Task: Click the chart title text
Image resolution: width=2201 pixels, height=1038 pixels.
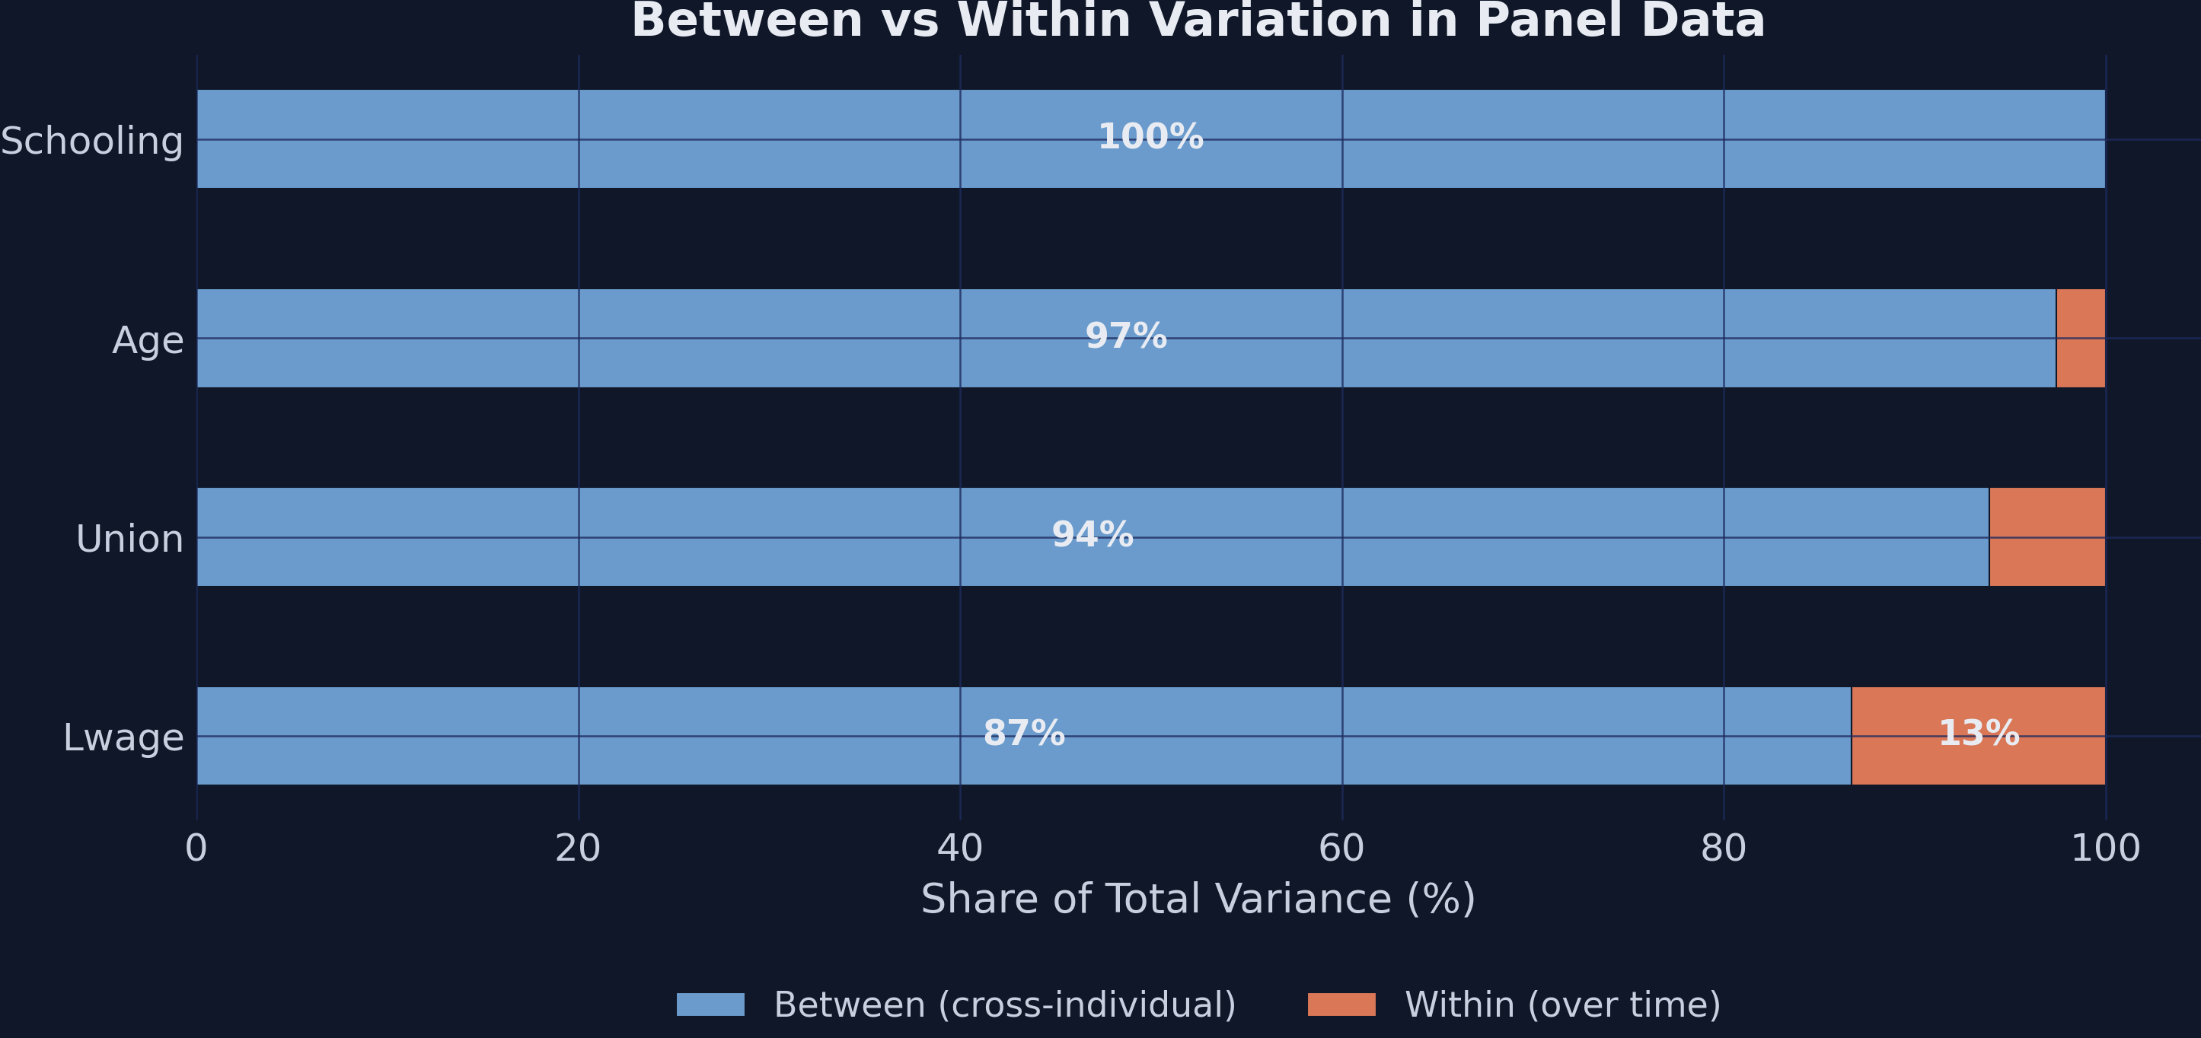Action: click(1198, 21)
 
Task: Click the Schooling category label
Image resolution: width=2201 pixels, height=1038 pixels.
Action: click(92, 141)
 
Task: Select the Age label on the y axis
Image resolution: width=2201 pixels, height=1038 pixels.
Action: click(148, 340)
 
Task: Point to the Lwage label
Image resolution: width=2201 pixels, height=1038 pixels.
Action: click(123, 737)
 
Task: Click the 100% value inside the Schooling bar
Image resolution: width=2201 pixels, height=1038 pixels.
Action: click(1150, 137)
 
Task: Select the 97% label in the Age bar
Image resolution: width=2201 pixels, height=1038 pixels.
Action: click(1125, 336)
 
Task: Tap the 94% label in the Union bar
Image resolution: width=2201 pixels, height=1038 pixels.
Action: click(1092, 535)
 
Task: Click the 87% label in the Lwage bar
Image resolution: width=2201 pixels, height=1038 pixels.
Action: click(1023, 733)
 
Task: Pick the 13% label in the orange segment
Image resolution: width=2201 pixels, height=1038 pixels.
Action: click(1978, 733)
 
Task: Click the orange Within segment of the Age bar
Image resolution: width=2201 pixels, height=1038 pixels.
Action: click(2080, 339)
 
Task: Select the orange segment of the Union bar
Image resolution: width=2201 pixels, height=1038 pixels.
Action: click(2046, 537)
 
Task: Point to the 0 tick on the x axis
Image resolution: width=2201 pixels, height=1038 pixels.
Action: click(196, 849)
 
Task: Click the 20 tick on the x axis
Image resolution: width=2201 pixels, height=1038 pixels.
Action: click(578, 849)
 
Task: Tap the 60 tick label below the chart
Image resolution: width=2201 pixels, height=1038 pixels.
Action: click(1341, 849)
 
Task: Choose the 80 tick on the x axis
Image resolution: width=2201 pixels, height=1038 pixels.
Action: click(1723, 849)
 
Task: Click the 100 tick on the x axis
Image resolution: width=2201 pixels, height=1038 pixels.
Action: click(2104, 849)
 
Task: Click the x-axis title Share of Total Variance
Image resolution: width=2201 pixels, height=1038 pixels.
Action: click(1198, 899)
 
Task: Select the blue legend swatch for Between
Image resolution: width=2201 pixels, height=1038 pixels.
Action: click(710, 1005)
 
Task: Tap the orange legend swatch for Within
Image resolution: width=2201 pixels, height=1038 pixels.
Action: click(1341, 1005)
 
